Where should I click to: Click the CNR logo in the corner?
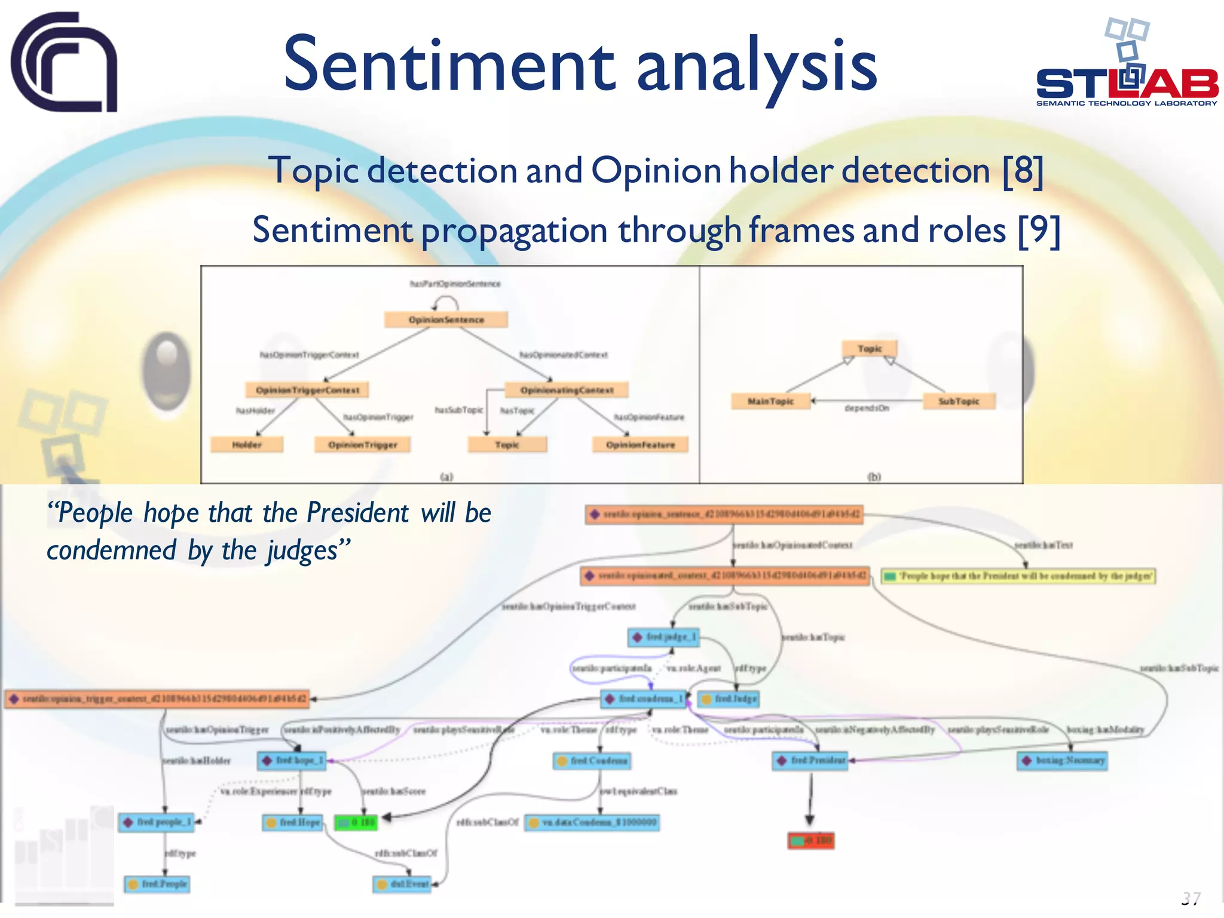click(x=65, y=62)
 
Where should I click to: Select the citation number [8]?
click(x=1023, y=172)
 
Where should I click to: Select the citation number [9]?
click(x=1039, y=231)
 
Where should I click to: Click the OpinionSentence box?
click(x=446, y=320)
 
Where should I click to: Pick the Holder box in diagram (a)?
click(x=247, y=445)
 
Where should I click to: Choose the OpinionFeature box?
click(x=640, y=445)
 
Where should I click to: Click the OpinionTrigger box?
click(x=363, y=445)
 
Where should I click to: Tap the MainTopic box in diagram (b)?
click(x=770, y=401)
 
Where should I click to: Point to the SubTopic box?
click(x=959, y=401)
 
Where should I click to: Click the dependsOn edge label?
click(x=867, y=408)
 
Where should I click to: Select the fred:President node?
click(x=812, y=761)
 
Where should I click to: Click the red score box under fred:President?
click(x=811, y=841)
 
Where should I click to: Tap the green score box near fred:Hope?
click(x=356, y=823)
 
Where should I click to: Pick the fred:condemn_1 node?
click(x=644, y=699)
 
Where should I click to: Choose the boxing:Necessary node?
click(x=1062, y=761)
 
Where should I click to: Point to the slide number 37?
click(x=1191, y=898)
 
